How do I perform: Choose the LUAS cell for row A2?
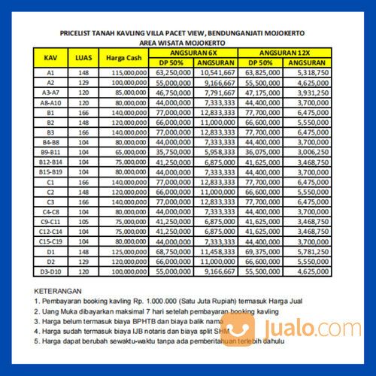(x=83, y=82)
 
